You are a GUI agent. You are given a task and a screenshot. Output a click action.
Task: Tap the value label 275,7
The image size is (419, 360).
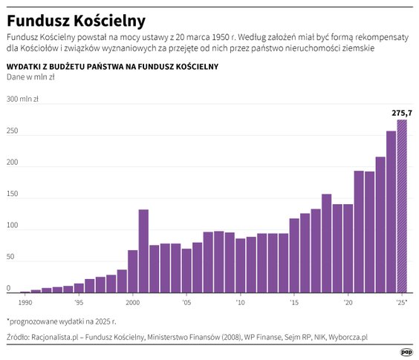pos(402,113)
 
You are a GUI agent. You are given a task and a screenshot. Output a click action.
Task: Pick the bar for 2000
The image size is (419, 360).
pos(133,271)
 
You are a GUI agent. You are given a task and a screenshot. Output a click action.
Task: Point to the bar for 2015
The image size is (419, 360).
pos(294,255)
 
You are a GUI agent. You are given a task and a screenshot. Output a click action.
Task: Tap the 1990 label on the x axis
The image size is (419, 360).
pos(26,303)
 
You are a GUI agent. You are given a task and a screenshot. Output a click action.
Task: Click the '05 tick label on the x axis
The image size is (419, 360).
pos(186,303)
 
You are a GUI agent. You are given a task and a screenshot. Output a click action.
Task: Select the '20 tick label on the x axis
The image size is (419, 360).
pos(348,303)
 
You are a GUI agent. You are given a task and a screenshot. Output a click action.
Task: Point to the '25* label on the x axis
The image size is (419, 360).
pos(402,303)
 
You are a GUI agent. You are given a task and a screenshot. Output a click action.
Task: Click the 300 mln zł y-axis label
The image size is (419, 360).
pos(22,99)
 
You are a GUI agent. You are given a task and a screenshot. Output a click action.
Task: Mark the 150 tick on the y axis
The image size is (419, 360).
pos(13,194)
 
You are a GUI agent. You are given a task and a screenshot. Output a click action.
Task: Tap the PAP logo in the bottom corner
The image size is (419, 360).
pos(406,352)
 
